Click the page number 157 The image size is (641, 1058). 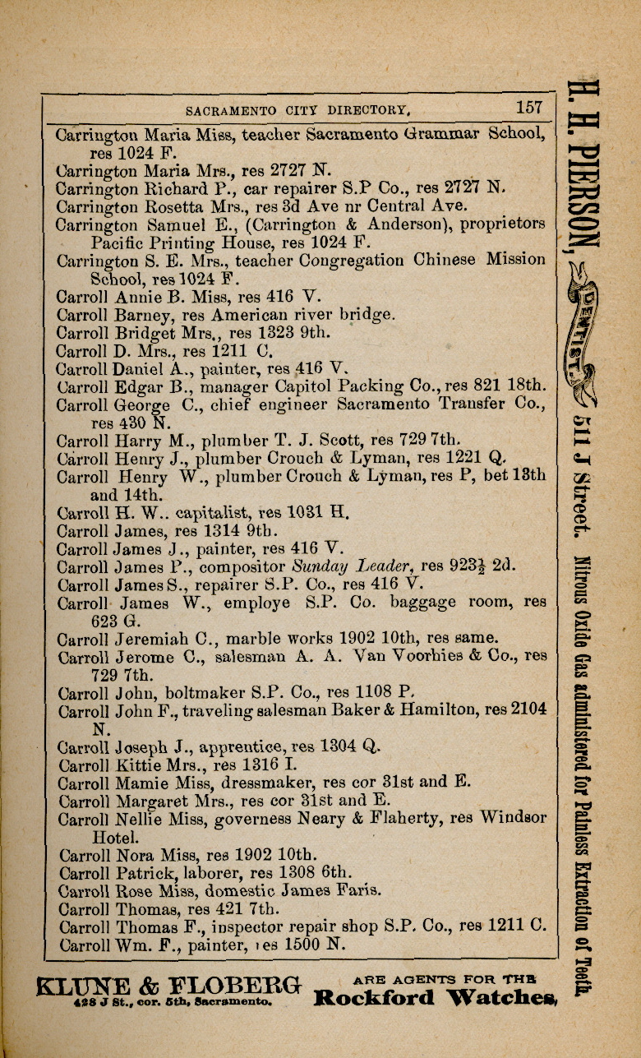coord(529,108)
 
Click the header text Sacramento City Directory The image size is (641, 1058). coord(297,109)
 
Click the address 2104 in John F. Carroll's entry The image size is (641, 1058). coord(528,711)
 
